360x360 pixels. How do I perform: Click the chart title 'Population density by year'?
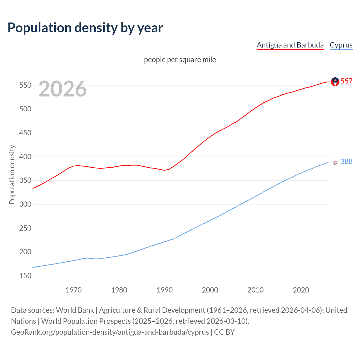(x=85, y=28)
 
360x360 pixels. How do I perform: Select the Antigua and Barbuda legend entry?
(x=290, y=45)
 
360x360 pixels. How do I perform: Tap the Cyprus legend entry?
(x=341, y=45)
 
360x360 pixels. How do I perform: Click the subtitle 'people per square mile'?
(x=180, y=60)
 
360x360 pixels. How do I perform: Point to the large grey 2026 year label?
(x=62, y=89)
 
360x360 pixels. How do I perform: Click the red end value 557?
(x=346, y=81)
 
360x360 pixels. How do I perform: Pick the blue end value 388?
(x=346, y=161)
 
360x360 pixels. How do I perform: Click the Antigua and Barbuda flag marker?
(x=335, y=82)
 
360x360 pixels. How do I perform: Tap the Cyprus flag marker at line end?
(x=335, y=162)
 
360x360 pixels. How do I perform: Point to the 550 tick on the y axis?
(x=25, y=85)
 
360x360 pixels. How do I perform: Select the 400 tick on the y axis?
(x=25, y=157)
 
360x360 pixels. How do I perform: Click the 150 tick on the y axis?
(x=25, y=276)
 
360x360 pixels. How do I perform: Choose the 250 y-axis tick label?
(x=25, y=228)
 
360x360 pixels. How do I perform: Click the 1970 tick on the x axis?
(x=74, y=290)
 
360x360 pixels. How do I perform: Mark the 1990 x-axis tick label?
(x=165, y=290)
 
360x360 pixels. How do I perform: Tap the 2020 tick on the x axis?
(x=301, y=290)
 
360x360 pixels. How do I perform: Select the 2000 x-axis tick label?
(x=210, y=290)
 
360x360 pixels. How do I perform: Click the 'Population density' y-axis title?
(x=12, y=174)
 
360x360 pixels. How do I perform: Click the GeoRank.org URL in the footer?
(x=110, y=332)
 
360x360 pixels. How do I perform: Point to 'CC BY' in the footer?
(x=224, y=332)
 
